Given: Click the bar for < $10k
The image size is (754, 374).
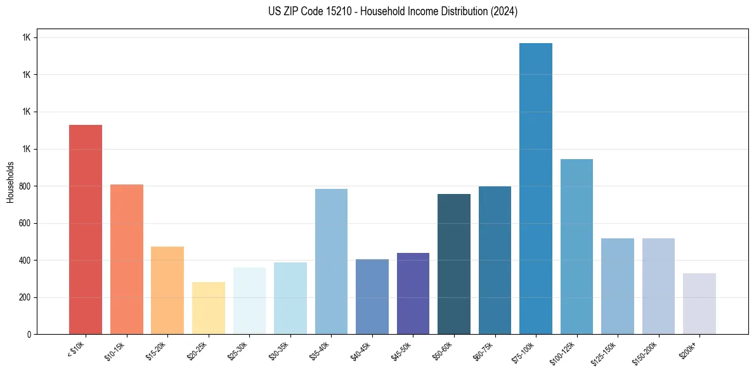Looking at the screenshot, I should tap(86, 229).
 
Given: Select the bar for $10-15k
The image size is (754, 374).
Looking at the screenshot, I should tap(127, 259).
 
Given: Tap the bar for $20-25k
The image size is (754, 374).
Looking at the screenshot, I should tap(209, 308).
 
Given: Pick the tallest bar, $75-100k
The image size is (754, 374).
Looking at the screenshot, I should tap(536, 188).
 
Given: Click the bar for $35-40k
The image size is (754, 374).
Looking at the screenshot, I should tap(331, 261).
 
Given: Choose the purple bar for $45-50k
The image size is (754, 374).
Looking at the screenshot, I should tap(413, 293).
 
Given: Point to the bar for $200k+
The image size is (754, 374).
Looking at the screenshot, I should tap(699, 304).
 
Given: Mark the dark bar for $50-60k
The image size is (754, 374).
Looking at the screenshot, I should tap(454, 264).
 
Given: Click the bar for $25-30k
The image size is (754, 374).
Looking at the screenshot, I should tap(249, 300).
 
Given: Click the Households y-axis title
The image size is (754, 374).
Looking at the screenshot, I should tap(10, 182).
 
